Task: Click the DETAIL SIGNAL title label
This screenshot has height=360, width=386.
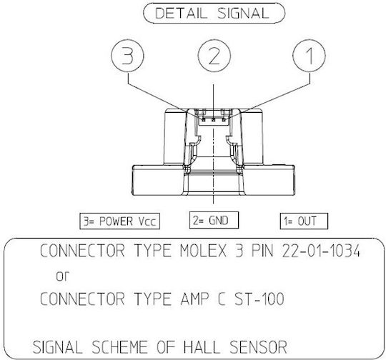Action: pyautogui.click(x=214, y=13)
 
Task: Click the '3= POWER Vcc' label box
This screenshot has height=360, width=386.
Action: pyautogui.click(x=119, y=221)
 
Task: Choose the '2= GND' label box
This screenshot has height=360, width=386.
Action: pyautogui.click(x=214, y=220)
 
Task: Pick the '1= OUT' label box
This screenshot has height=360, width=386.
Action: pyautogui.click(x=304, y=221)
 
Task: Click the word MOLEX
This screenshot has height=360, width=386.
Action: pyautogui.click(x=203, y=251)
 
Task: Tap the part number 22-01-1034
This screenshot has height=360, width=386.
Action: pyautogui.click(x=321, y=251)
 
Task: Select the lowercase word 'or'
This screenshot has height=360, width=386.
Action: pyautogui.click(x=62, y=276)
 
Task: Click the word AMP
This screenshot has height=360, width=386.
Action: pyautogui.click(x=194, y=299)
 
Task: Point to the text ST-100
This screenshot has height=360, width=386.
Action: pyautogui.click(x=259, y=299)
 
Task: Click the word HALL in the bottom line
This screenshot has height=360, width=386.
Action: pyautogui.click(x=202, y=347)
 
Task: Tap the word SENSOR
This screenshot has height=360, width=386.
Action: pyautogui.click(x=258, y=347)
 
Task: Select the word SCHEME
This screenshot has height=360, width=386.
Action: pyautogui.click(x=119, y=347)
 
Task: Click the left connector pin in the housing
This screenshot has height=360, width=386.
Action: pyautogui.click(x=204, y=120)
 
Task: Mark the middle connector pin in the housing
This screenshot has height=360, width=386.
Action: pyautogui.click(x=214, y=120)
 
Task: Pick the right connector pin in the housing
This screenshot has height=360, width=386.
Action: pyautogui.click(x=224, y=120)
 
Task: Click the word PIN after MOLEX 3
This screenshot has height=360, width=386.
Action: pyautogui.click(x=262, y=251)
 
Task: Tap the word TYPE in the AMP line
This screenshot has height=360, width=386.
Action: pyautogui.click(x=153, y=299)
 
